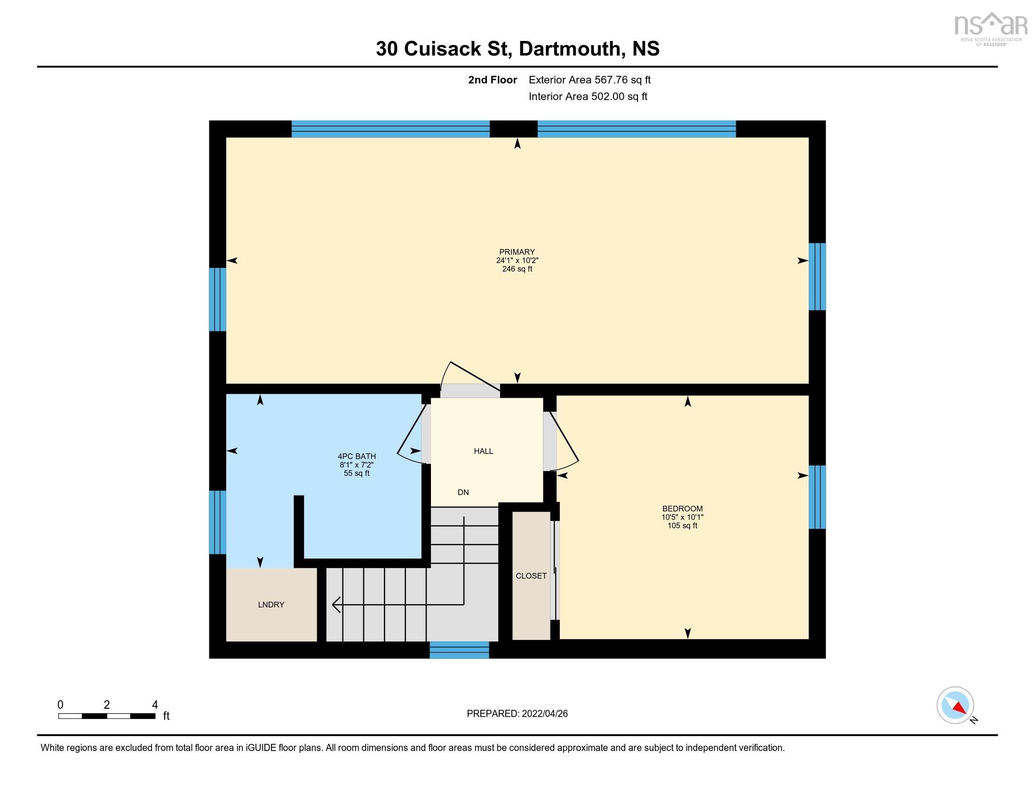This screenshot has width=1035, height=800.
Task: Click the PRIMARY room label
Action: click(x=517, y=252)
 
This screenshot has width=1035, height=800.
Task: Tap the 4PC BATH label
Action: click(x=357, y=456)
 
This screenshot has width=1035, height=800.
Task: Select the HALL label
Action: click(x=483, y=451)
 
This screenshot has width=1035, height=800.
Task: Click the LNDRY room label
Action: click(x=271, y=604)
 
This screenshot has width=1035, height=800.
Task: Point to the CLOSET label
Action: click(x=531, y=576)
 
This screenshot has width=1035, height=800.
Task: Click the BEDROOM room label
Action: click(x=682, y=509)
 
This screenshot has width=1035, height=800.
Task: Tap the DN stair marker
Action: click(x=463, y=492)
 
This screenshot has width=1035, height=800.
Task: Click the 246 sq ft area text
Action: click(x=517, y=269)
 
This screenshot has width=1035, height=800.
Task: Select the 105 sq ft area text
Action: click(x=682, y=526)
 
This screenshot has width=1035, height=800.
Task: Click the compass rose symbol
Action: click(x=955, y=705)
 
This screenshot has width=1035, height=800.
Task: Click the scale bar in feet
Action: click(x=107, y=716)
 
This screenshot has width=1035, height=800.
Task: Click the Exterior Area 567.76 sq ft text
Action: click(x=589, y=80)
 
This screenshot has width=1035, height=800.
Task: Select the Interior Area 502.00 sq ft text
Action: click(x=588, y=96)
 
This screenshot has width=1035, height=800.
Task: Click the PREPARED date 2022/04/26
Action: click(x=517, y=713)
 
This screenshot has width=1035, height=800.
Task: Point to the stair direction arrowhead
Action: click(x=335, y=605)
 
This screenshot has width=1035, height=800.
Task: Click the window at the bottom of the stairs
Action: click(x=459, y=650)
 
